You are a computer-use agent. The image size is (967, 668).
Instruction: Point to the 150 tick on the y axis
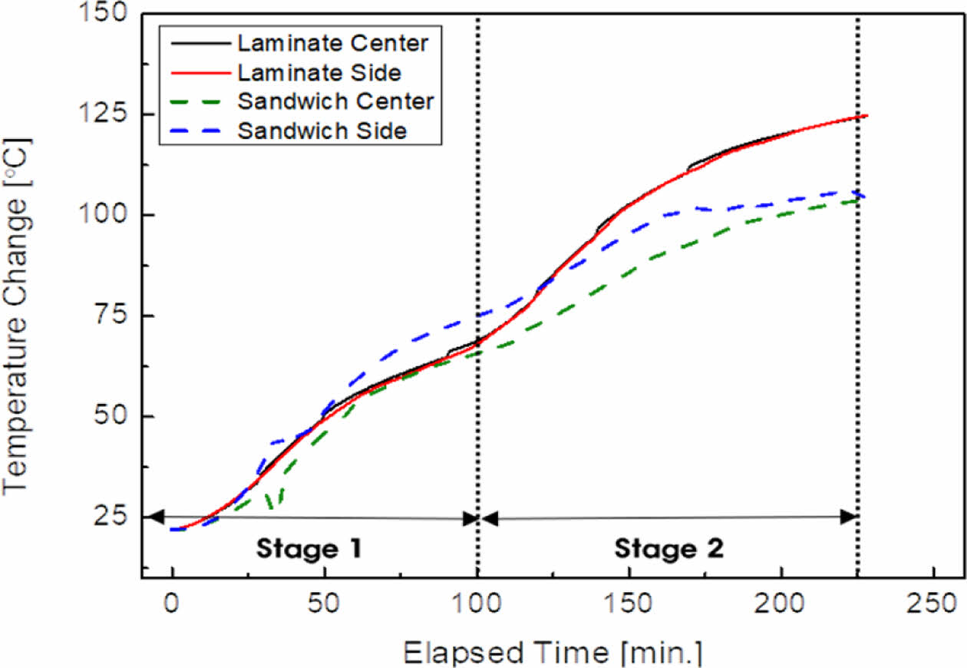(x=107, y=13)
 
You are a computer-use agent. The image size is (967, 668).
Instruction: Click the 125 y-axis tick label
(x=107, y=114)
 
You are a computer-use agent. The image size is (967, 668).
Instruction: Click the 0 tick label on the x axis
(x=172, y=604)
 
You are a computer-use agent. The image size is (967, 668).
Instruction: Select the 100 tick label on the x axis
(x=477, y=604)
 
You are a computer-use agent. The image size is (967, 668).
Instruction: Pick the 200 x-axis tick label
(x=781, y=604)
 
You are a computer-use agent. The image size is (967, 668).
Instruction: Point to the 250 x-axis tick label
(x=932, y=604)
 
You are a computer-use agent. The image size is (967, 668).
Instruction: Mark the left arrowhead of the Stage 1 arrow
(x=154, y=517)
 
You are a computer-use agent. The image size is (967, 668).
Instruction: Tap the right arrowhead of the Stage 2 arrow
(x=848, y=517)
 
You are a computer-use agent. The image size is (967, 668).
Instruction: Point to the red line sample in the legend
(x=196, y=73)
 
